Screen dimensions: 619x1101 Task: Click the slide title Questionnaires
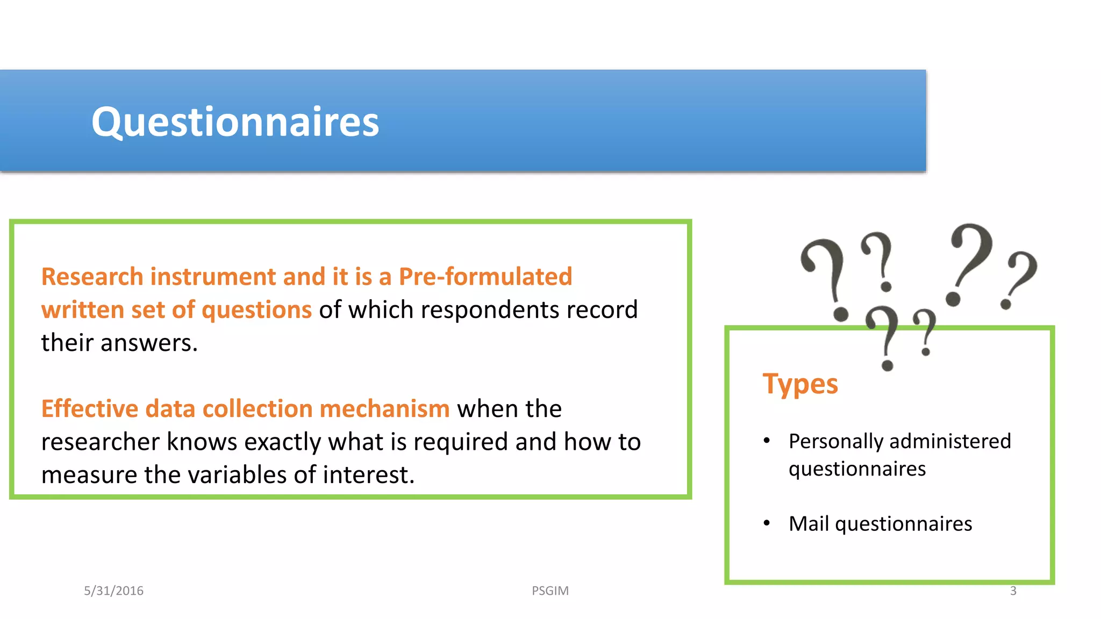click(235, 122)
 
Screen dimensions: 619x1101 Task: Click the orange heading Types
click(800, 385)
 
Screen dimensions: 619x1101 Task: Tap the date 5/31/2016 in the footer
click(113, 591)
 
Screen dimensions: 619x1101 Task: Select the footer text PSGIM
click(550, 591)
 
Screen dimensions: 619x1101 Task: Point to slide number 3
click(1013, 591)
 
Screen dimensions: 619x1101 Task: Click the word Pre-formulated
click(485, 277)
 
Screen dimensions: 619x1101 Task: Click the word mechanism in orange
click(384, 409)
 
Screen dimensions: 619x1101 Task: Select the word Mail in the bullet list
click(809, 524)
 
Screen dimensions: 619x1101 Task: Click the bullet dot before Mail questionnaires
click(767, 523)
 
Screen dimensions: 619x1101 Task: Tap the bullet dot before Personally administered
click(767, 441)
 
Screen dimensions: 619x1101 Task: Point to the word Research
click(92, 277)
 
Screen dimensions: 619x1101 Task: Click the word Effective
click(89, 409)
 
